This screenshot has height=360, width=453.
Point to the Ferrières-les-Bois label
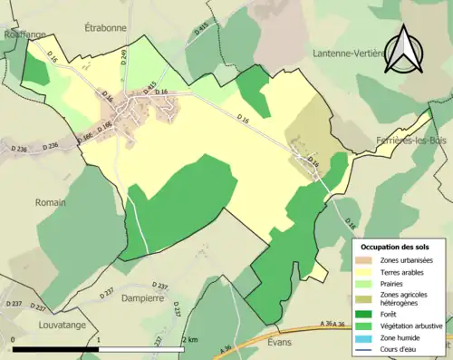(413, 141)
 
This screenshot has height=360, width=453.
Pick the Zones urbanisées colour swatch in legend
(367, 260)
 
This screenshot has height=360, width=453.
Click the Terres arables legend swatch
(367, 271)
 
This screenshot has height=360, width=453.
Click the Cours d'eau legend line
(367, 347)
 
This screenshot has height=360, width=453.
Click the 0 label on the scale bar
(14, 340)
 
